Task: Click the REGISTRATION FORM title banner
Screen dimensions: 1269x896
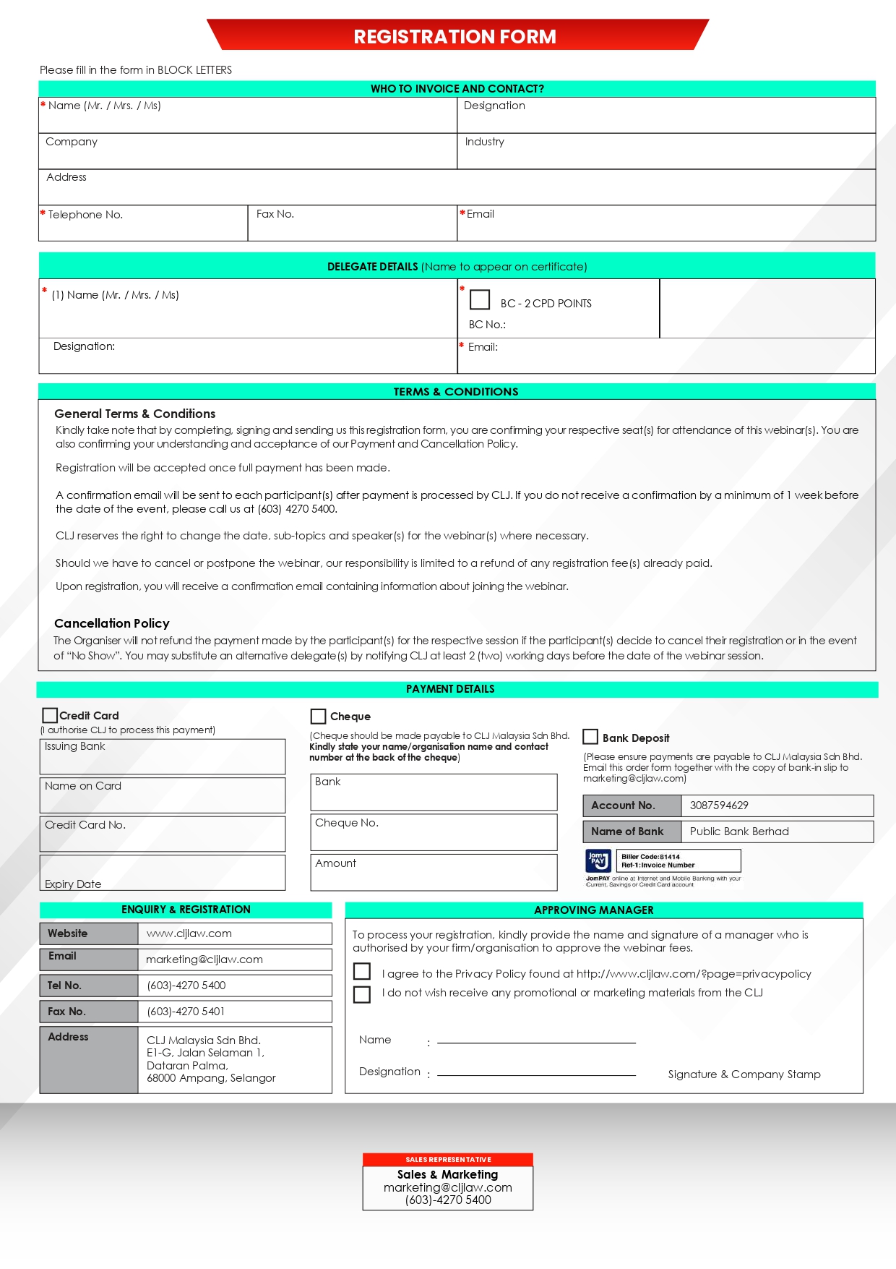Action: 455,36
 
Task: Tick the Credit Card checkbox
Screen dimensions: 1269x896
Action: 50,715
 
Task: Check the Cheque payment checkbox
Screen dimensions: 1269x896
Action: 318,716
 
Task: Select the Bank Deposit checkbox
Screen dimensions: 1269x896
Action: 590,737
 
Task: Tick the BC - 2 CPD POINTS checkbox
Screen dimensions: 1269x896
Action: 480,299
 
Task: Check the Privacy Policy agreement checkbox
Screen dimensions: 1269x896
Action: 362,971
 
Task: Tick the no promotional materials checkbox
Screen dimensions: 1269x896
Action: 362,994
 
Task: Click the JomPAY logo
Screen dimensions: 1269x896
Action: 598,860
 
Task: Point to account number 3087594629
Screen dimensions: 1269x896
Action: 719,806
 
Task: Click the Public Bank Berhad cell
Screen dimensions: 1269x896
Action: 739,832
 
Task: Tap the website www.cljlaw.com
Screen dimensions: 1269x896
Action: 189,933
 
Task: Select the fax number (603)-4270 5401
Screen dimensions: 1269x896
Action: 186,1012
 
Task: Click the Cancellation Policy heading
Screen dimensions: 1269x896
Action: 112,623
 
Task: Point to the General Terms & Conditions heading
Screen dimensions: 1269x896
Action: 135,414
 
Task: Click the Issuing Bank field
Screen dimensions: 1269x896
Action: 163,757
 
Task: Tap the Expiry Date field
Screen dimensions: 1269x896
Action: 163,873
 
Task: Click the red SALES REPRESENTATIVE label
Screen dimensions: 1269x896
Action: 448,1160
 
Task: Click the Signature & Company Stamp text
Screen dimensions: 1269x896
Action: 744,1074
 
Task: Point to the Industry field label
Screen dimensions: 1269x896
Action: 485,142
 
